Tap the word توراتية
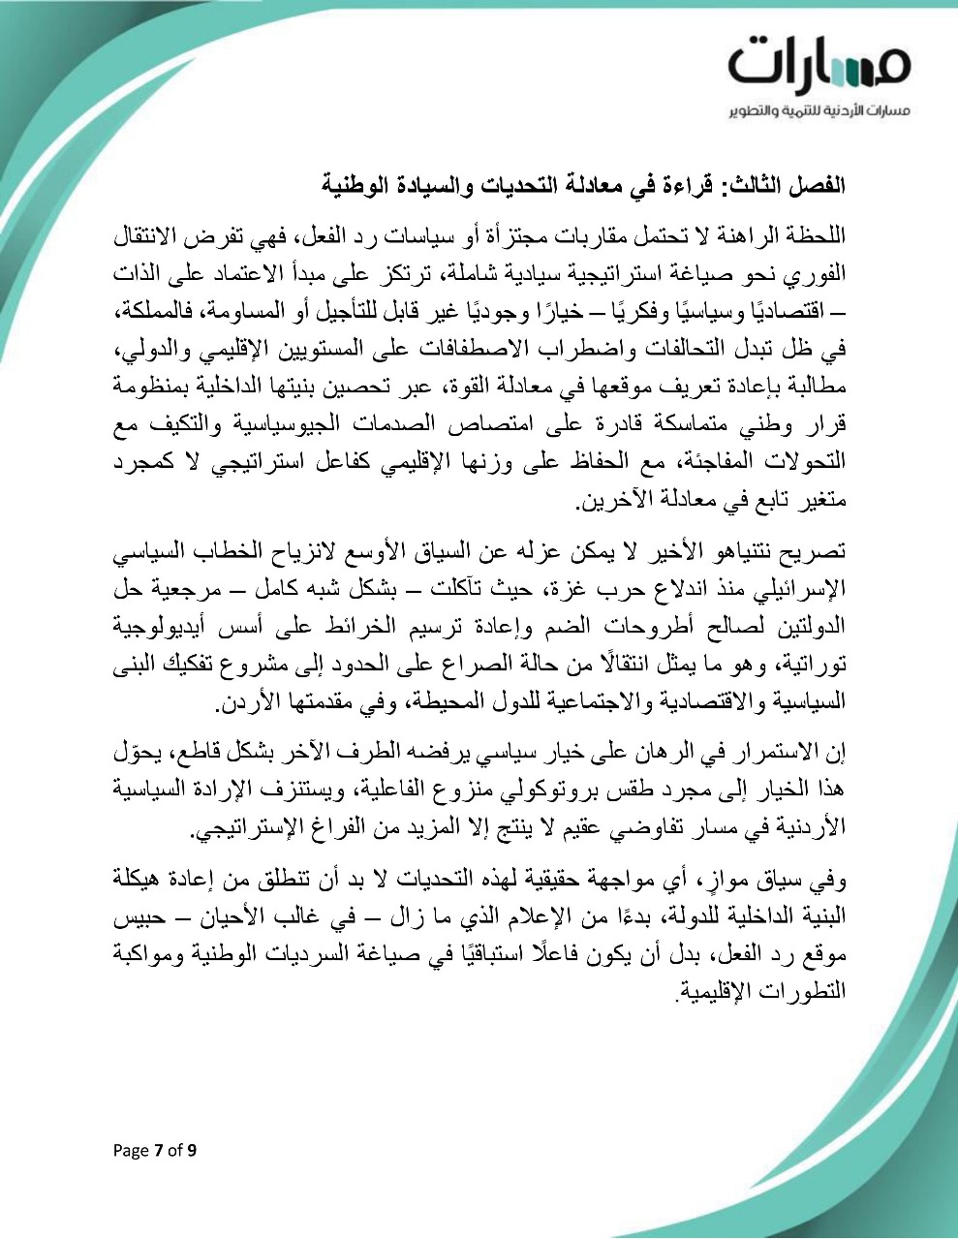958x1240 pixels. tap(813, 664)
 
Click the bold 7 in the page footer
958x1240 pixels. tap(159, 1151)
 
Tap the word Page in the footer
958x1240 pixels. tap(131, 1151)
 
